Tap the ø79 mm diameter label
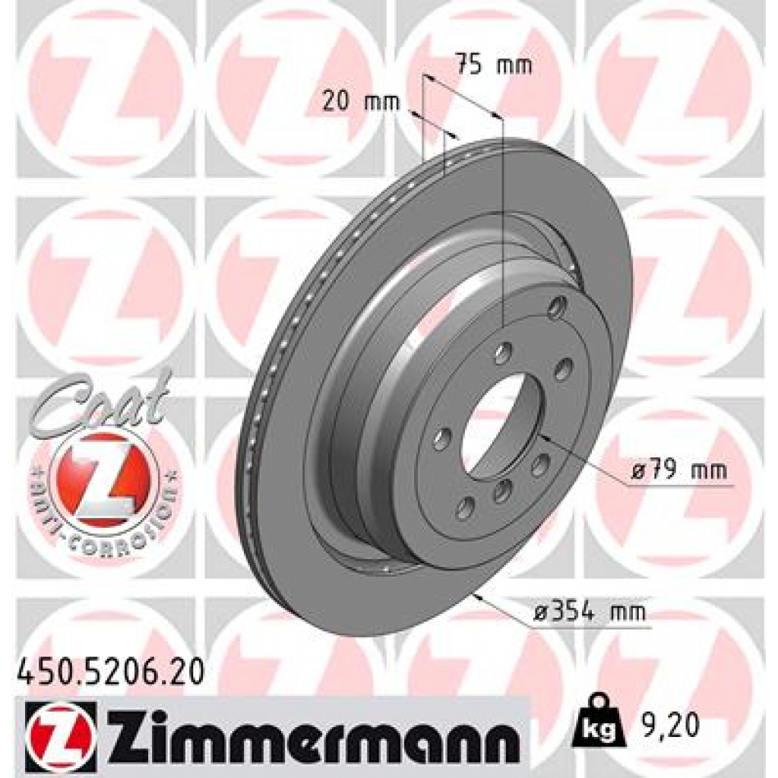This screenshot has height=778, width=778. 678,470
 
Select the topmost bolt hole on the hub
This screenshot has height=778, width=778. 558,306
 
